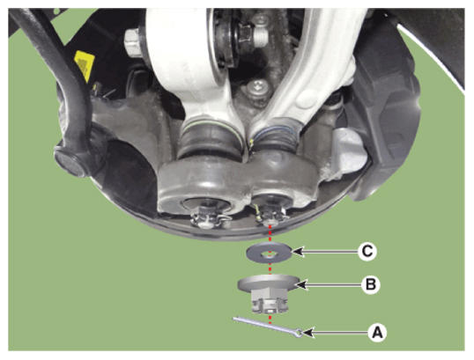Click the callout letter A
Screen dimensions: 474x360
(x=377, y=333)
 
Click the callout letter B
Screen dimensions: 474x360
(x=370, y=284)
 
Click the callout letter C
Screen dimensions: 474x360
(x=367, y=251)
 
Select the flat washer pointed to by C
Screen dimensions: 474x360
(x=270, y=253)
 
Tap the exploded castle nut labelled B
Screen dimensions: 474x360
(x=269, y=293)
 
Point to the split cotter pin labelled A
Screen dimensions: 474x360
(x=268, y=327)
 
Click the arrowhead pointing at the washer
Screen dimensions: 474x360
(x=298, y=252)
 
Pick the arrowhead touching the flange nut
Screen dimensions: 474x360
(x=302, y=284)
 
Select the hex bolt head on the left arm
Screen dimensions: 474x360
(x=133, y=42)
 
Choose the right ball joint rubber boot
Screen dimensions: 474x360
(x=275, y=135)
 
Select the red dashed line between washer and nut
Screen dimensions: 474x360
(x=270, y=267)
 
